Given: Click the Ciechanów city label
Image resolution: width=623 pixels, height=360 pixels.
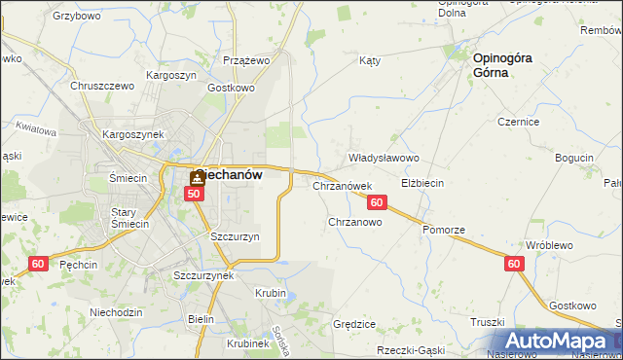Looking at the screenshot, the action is coord(230,175).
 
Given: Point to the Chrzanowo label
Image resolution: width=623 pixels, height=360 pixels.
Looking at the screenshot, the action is coord(354,222).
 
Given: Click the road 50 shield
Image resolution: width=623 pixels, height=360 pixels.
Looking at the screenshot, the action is coord(195,194).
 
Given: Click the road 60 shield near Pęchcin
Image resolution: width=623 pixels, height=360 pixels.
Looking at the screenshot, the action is coord(38,264).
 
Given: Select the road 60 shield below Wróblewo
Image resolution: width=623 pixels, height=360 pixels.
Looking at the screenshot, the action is coord(515,264).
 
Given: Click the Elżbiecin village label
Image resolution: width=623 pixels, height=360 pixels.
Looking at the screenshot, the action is coord(423,183).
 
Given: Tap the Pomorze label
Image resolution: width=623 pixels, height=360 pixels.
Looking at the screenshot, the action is coord(444,230).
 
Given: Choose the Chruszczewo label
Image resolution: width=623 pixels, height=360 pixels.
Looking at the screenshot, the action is coord(101,86).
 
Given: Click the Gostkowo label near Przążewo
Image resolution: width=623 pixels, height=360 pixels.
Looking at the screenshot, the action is coord(231,87).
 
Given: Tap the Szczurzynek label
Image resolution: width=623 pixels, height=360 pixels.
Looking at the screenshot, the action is coord(202,275).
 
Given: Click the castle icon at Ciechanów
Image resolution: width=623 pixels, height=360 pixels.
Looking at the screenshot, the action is coord(198,177).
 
